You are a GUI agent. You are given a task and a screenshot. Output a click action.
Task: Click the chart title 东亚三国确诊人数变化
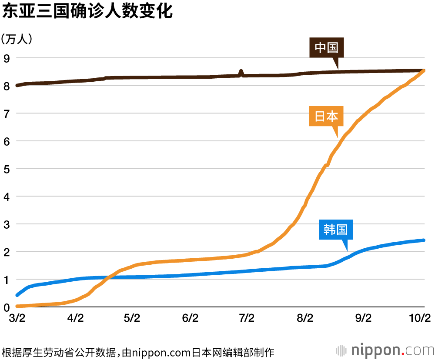[87, 11]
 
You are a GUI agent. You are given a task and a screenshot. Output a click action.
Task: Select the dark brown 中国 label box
[326, 47]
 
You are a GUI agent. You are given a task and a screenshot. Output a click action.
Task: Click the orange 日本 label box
[326, 116]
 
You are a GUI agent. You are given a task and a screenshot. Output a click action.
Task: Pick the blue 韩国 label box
[335, 229]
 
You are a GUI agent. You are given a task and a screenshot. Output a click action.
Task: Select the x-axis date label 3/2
[17, 318]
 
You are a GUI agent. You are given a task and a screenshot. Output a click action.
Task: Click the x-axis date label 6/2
[190, 318]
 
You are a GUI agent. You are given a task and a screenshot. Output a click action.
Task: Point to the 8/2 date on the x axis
[305, 318]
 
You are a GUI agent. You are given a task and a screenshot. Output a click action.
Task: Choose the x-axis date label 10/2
[420, 318]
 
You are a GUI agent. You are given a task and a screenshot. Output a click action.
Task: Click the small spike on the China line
[241, 71]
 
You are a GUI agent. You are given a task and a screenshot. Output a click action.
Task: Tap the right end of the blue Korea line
[424, 240]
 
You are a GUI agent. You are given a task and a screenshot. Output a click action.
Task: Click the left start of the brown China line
[17, 85]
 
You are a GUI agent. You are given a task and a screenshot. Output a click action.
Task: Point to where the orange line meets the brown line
[424, 70]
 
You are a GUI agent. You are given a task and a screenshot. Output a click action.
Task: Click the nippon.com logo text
[392, 350]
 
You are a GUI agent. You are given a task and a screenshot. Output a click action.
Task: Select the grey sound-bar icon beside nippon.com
[341, 350]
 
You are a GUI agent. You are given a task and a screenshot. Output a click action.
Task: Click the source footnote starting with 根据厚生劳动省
[138, 351]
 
